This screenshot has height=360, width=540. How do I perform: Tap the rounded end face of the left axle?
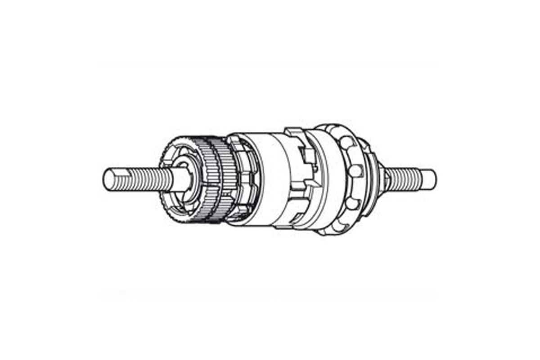point(108,178)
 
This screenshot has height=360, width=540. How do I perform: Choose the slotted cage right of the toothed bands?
point(243,180)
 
